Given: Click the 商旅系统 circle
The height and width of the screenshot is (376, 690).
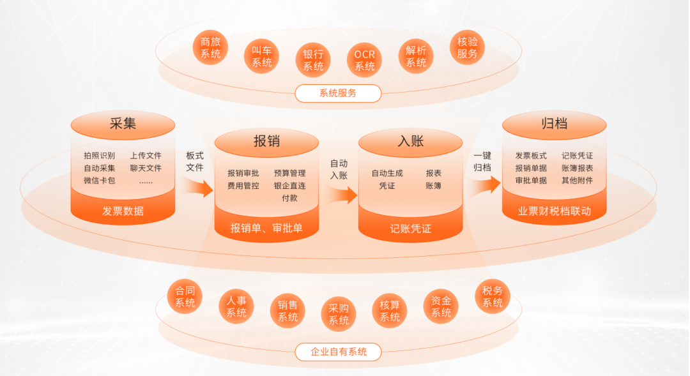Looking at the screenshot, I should pyautogui.click(x=210, y=48).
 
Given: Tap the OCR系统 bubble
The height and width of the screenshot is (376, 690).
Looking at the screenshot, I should pyautogui.click(x=365, y=61).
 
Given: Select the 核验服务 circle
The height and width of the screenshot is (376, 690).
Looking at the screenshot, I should pyautogui.click(x=467, y=48).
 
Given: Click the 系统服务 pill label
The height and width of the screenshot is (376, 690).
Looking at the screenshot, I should pyautogui.click(x=338, y=93).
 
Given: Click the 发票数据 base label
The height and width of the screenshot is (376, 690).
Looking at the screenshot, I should pyautogui.click(x=123, y=211).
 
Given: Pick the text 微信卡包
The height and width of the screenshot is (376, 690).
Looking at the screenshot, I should pyautogui.click(x=99, y=181).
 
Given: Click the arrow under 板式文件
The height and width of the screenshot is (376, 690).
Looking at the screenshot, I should pyautogui.click(x=199, y=188).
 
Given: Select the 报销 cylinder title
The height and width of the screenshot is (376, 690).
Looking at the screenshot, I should pyautogui.click(x=266, y=141).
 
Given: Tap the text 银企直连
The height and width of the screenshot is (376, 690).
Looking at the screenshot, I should pyautogui.click(x=289, y=186).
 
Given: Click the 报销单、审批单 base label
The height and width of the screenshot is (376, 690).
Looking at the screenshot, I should pyautogui.click(x=266, y=228).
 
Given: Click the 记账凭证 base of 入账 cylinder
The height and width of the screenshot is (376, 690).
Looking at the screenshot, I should pyautogui.click(x=410, y=228).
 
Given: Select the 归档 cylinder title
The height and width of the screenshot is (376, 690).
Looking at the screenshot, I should pyautogui.click(x=554, y=124).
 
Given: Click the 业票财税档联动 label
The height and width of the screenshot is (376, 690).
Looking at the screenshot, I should pyautogui.click(x=554, y=211).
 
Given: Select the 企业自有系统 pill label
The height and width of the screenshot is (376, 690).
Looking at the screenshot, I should pyautogui.click(x=338, y=352).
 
